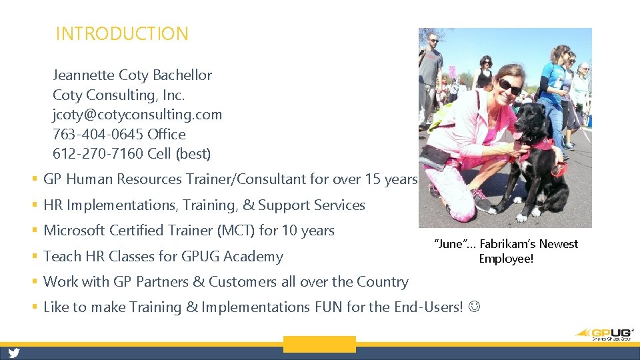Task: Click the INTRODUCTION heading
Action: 122,34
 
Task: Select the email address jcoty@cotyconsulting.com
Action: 137,115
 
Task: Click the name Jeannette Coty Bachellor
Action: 132,75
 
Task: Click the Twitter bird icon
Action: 14,353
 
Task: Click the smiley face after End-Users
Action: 473,307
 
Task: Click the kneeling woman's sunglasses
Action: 510,87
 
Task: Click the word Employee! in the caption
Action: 506,258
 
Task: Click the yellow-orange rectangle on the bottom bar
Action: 319,345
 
